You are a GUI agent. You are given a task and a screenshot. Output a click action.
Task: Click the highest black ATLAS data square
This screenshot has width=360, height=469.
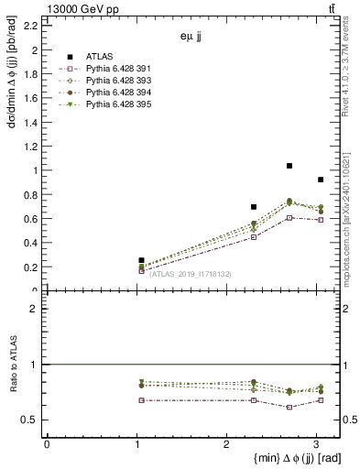pyautogui.click(x=289, y=166)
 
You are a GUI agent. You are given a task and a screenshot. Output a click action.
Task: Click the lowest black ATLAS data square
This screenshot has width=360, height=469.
pyautogui.click(x=141, y=260)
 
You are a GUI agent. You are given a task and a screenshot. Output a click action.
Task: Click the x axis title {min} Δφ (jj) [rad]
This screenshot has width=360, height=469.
pyautogui.click(x=285, y=458)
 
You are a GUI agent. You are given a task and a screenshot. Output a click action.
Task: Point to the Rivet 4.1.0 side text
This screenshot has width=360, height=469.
pyautogui.click(x=351, y=69)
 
